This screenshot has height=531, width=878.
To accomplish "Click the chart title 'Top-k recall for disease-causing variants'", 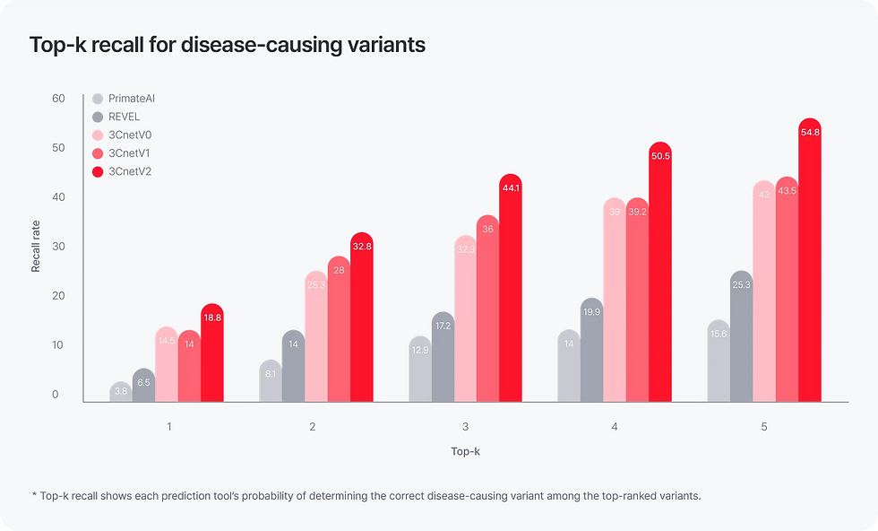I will pos(228,45).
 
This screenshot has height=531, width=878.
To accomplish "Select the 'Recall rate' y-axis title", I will pos(37,247).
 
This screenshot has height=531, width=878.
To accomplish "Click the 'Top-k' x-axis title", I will pos(466,451).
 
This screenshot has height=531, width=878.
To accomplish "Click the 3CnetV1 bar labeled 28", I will pos(339,332).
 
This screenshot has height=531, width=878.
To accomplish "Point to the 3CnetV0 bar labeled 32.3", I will pos(466,323).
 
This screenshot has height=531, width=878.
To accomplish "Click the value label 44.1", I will pos(511,188).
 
